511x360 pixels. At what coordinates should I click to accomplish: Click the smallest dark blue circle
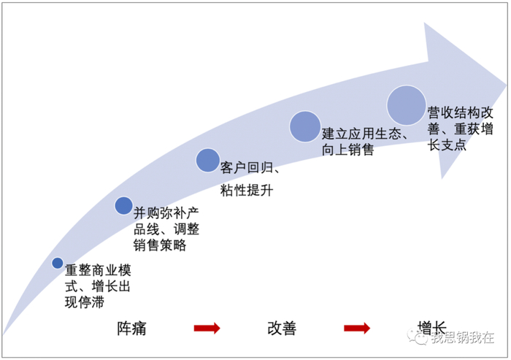[58, 263]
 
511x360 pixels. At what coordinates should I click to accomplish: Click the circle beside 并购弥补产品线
[124, 206]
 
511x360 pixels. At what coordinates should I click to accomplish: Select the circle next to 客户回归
[207, 160]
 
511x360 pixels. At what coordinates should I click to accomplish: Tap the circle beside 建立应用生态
[305, 126]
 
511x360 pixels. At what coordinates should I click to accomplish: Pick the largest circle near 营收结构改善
[407, 105]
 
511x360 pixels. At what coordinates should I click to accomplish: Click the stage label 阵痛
[131, 329]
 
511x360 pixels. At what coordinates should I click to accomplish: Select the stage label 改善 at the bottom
[282, 329]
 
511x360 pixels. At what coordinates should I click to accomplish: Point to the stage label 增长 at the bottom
[432, 328]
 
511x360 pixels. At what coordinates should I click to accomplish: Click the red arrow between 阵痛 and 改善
[207, 328]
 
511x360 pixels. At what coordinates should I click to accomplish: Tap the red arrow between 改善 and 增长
[357, 328]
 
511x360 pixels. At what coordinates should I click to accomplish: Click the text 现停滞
[85, 302]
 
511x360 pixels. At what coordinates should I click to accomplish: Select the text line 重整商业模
[98, 270]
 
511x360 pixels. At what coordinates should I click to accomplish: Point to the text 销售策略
[160, 245]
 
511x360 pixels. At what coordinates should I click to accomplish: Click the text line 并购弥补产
[166, 213]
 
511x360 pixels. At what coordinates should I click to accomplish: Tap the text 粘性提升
[247, 191]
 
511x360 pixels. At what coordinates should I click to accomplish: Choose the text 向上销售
[347, 150]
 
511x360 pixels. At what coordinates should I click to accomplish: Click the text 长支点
[447, 145]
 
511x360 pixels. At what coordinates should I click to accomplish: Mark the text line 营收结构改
[460, 113]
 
